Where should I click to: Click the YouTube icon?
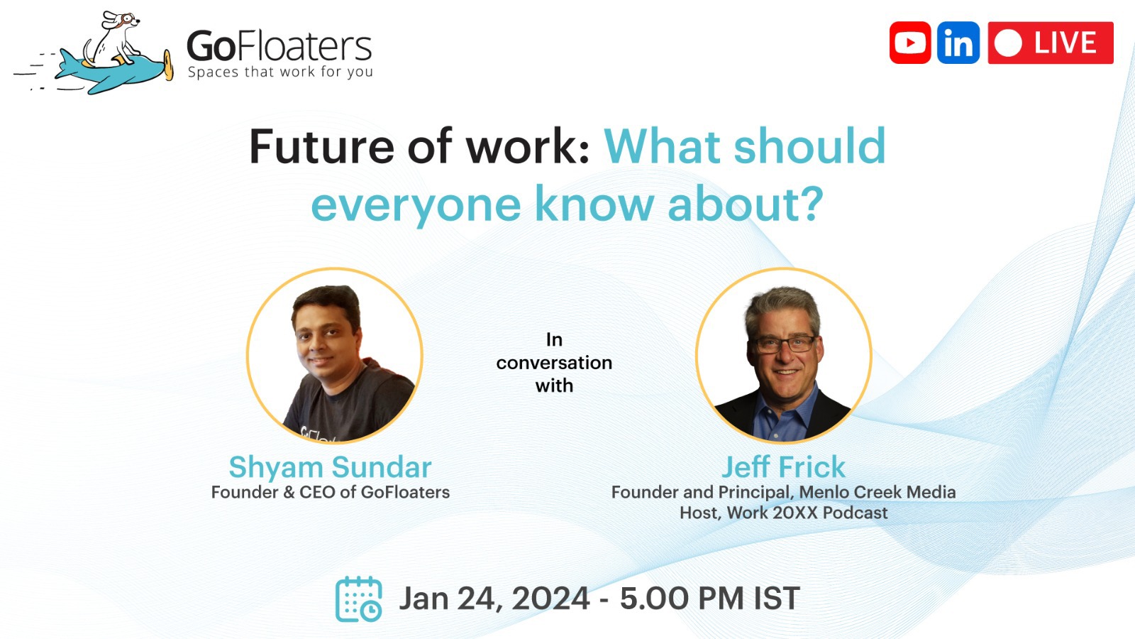click(x=910, y=43)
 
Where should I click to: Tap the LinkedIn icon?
click(x=958, y=43)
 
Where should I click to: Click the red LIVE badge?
click(x=1051, y=43)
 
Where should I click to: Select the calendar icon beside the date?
click(x=358, y=599)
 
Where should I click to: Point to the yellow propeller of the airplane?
click(x=168, y=65)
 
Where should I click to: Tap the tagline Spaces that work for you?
click(x=280, y=72)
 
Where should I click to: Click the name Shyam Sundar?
click(x=330, y=467)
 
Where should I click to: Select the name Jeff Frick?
click(x=783, y=467)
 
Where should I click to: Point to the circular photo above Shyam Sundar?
click(x=335, y=355)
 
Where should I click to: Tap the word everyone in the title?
click(x=416, y=204)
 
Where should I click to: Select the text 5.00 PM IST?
click(x=709, y=599)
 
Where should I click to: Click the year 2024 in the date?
click(x=550, y=599)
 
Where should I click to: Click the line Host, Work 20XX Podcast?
click(x=783, y=513)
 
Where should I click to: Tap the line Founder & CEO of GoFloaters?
click(x=330, y=492)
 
